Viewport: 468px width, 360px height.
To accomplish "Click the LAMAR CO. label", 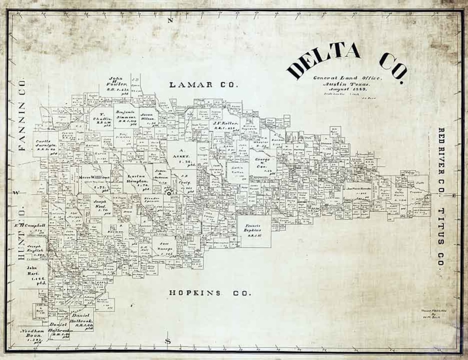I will pyautogui.click(x=203, y=85).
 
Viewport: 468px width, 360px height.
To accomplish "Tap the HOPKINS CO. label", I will pyautogui.click(x=210, y=293).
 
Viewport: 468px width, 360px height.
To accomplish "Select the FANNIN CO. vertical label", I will pyautogui.click(x=21, y=115).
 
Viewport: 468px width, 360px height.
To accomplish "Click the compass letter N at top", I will pyautogui.click(x=171, y=20).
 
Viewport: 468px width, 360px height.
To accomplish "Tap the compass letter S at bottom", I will pyautogui.click(x=168, y=341).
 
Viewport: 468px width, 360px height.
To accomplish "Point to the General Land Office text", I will pyautogui.click(x=348, y=78).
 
